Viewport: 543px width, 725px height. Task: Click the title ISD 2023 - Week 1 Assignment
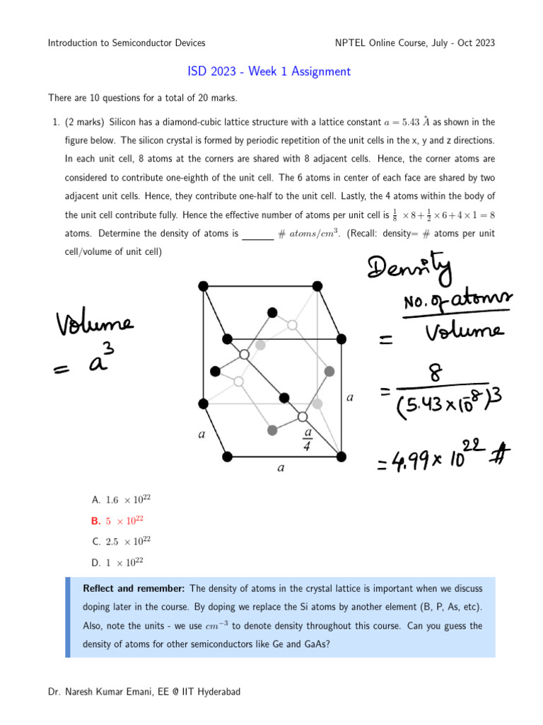[269, 72]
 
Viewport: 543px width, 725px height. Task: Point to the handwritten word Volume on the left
[93, 326]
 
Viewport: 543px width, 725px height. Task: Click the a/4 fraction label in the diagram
[308, 440]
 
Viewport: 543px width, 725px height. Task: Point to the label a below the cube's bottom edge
[281, 469]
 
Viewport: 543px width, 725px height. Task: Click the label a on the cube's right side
[350, 398]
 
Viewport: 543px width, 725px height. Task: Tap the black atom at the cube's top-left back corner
[204, 285]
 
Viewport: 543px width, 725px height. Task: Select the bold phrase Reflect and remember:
[134, 589]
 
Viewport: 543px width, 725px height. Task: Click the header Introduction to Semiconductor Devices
[127, 43]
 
